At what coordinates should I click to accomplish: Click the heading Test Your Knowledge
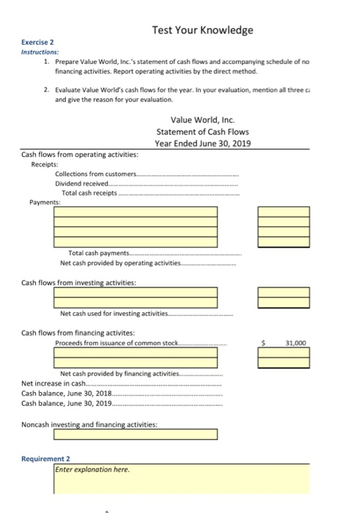[x=202, y=30]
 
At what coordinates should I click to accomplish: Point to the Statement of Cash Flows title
[x=202, y=131]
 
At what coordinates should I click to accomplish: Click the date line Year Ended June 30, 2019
[x=202, y=143]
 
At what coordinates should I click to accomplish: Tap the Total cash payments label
[x=97, y=253]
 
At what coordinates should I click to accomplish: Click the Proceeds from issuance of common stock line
[x=117, y=342]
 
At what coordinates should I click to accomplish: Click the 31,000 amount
[x=295, y=342]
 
